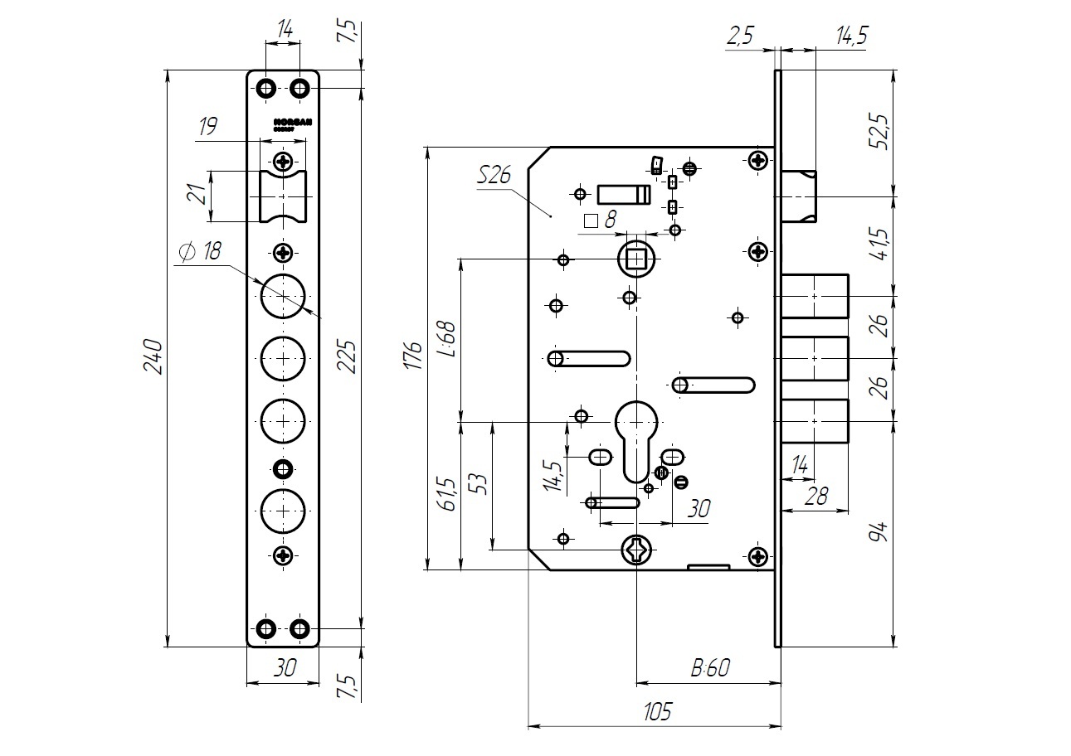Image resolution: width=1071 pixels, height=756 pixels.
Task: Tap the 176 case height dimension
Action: pyautogui.click(x=411, y=357)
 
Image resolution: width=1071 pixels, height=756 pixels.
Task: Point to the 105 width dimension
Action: pyautogui.click(x=655, y=711)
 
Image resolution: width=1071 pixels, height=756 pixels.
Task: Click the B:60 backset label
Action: pyautogui.click(x=709, y=668)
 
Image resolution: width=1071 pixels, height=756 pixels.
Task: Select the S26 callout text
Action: pyautogui.click(x=495, y=176)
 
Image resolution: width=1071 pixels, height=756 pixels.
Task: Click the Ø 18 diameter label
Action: pyautogui.click(x=200, y=252)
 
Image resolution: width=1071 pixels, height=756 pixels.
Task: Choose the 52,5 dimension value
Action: pyautogui.click(x=880, y=131)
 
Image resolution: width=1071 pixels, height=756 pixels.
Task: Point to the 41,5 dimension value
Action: pyautogui.click(x=880, y=245)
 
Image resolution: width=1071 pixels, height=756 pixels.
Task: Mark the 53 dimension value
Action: pyautogui.click(x=478, y=483)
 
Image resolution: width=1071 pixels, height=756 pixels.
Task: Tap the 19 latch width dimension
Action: pyautogui.click(x=208, y=127)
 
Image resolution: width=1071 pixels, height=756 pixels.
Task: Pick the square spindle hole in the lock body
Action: pyautogui.click(x=637, y=259)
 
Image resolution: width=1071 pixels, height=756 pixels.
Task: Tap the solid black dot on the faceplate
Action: pyautogui.click(x=283, y=469)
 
